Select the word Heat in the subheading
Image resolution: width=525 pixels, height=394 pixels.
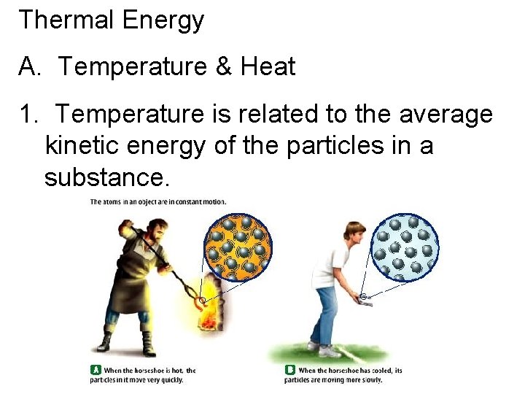(268, 67)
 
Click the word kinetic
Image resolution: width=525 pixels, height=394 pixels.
(85, 146)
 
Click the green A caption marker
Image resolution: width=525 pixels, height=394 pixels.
(94, 370)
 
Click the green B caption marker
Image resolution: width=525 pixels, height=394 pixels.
(290, 370)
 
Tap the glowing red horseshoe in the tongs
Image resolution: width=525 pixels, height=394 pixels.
(200, 301)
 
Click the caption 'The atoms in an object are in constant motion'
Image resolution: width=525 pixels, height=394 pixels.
(157, 201)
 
